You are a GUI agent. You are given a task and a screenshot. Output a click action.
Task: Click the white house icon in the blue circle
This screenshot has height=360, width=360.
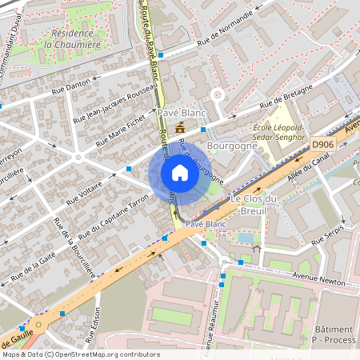pyautogui.click(x=180, y=173)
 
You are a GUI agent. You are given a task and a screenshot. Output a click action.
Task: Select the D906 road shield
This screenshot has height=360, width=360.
pyautogui.click(x=322, y=145)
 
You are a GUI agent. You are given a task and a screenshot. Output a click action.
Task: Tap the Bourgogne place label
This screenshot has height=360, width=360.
pyautogui.click(x=226, y=147)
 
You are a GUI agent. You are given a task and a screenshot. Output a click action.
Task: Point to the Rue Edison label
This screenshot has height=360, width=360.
pyautogui.click(x=97, y=324)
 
